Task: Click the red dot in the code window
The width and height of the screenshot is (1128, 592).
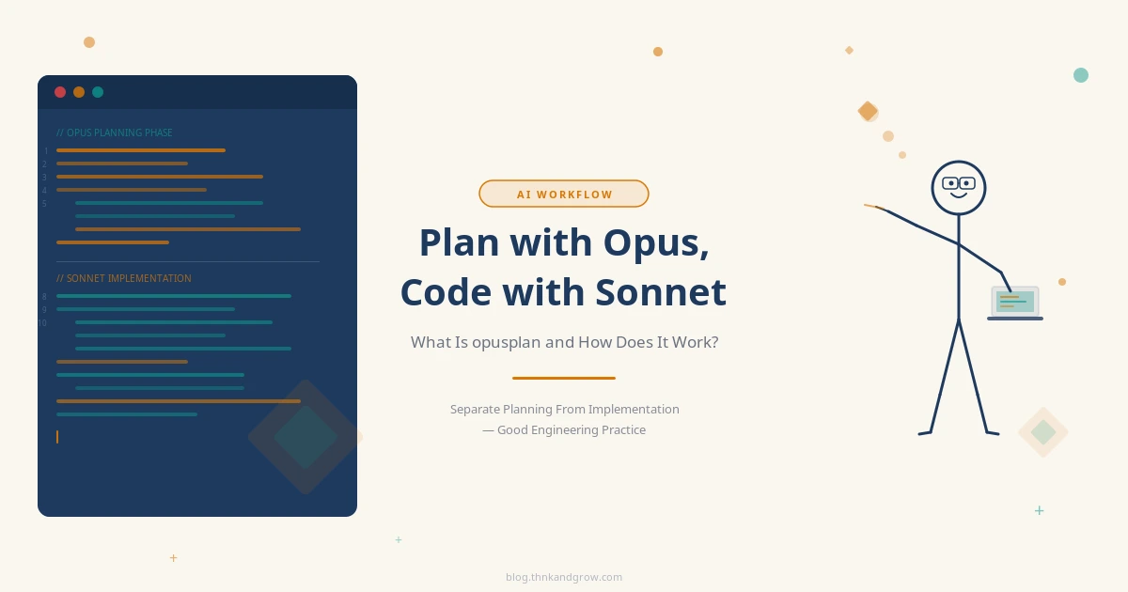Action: point(60,92)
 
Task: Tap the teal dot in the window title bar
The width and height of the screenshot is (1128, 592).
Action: point(98,92)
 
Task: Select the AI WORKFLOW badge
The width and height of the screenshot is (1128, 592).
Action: point(563,194)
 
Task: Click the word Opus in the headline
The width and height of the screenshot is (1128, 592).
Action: point(655,243)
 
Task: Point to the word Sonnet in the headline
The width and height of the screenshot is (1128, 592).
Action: point(661,292)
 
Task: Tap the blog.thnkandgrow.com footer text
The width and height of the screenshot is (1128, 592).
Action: point(564,577)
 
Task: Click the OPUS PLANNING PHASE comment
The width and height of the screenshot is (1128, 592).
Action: point(115,132)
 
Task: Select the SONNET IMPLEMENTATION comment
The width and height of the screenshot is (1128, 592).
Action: point(124,278)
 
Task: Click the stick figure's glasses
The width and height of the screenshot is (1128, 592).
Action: point(958,183)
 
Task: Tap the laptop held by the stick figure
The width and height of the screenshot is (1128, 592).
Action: point(1015,303)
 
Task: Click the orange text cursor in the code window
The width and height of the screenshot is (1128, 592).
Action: point(57,437)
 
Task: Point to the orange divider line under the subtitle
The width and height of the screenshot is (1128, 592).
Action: point(563,378)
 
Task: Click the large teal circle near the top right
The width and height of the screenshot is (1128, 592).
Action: point(1081,75)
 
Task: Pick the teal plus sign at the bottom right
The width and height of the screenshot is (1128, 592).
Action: point(1039,510)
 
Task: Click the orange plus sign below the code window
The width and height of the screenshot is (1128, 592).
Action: point(173,558)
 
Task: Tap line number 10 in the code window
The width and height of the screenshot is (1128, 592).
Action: point(42,323)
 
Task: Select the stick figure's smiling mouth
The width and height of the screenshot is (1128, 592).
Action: point(958,195)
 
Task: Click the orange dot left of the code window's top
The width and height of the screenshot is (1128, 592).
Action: point(89,42)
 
